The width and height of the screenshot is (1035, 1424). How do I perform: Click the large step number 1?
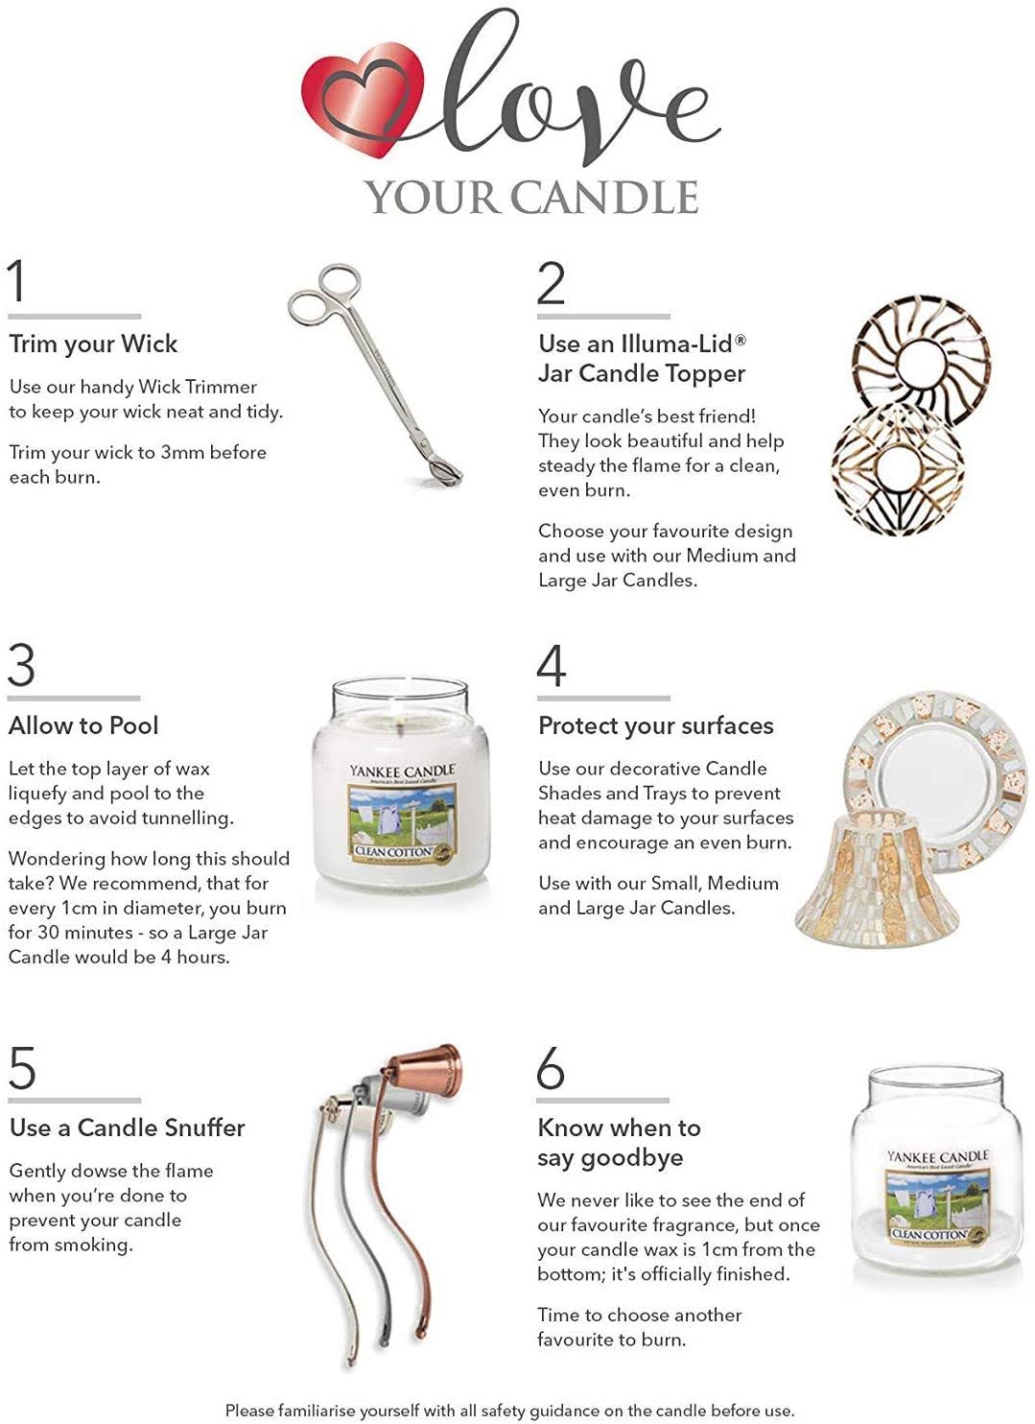pos(17,280)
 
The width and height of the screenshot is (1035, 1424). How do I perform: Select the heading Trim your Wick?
pos(93,344)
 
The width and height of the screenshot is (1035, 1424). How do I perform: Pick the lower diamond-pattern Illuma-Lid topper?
pos(898,467)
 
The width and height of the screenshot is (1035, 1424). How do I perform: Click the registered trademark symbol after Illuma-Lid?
pos(741,340)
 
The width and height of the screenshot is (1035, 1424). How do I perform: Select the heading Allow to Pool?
pos(83,725)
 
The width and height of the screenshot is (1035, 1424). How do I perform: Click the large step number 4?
pos(551,666)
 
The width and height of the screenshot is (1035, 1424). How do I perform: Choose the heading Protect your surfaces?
pos(656,726)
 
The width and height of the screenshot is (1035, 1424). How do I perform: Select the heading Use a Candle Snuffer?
pos(127,1127)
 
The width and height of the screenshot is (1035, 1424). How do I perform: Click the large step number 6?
pos(551,1068)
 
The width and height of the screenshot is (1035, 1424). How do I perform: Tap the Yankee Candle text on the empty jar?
pos(937,1155)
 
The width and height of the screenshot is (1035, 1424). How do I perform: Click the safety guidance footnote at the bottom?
pos(509,1411)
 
